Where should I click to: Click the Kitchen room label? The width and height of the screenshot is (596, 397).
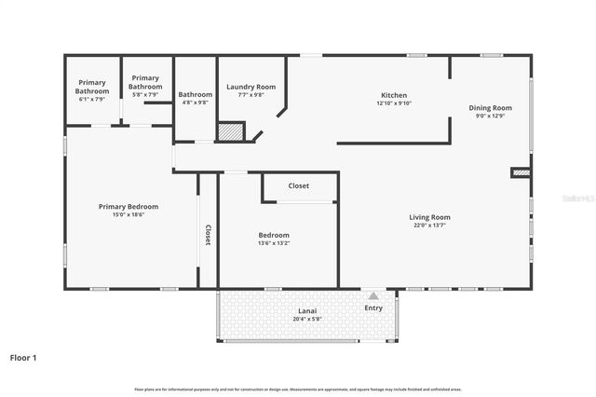[x=394, y=95]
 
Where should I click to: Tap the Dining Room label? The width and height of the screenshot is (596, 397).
[x=490, y=108]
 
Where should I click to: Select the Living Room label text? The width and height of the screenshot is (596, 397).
[x=429, y=217]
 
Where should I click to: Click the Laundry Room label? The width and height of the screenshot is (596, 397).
[x=251, y=87]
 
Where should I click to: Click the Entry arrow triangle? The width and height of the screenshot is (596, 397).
[x=373, y=294]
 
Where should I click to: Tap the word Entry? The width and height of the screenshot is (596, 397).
[x=373, y=308]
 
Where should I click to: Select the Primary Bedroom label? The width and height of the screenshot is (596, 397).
[x=129, y=206]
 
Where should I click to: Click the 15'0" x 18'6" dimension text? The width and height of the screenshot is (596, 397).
[x=129, y=214]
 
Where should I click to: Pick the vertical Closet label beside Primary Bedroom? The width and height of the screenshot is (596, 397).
[x=208, y=235]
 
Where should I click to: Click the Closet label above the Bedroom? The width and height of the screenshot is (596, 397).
[x=298, y=185]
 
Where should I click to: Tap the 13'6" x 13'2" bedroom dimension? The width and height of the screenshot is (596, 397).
[x=274, y=243]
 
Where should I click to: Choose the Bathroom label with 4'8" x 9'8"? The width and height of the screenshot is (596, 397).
[x=196, y=94]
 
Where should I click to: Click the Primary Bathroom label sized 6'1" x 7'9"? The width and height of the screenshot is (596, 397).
[x=92, y=88]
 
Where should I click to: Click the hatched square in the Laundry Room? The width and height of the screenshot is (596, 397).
[x=230, y=131]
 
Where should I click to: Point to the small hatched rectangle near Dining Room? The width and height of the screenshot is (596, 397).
[x=521, y=172]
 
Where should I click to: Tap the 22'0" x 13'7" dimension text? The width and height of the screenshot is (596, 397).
[x=429, y=226]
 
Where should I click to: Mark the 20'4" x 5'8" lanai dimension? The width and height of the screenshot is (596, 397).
[x=307, y=319]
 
